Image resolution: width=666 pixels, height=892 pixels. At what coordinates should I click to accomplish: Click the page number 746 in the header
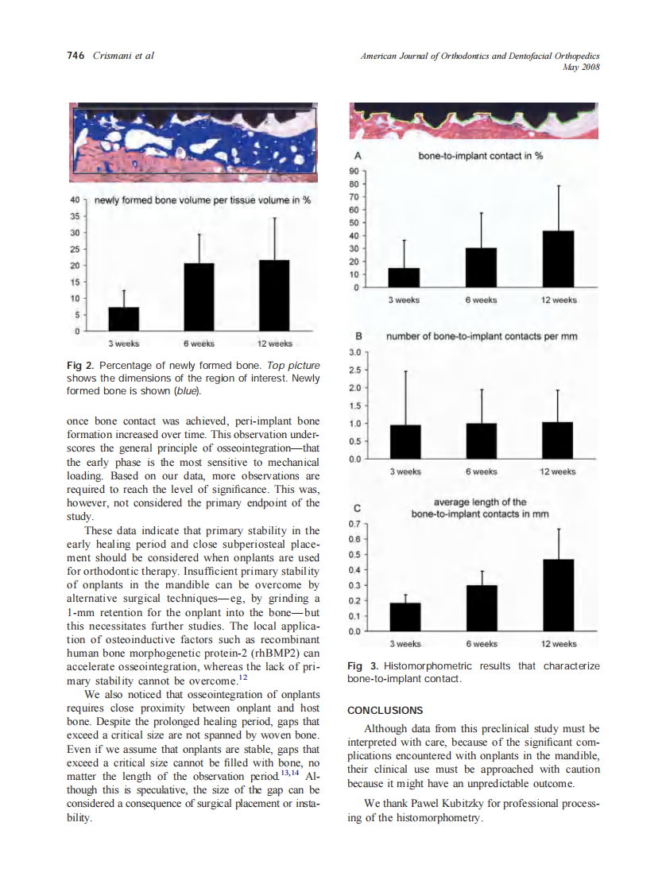click(x=76, y=56)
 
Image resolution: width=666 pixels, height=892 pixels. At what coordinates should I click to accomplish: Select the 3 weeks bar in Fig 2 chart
click(x=123, y=318)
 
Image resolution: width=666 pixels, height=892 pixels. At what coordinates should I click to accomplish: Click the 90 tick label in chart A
click(x=354, y=171)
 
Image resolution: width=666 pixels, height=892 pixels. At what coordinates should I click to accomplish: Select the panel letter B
click(x=358, y=336)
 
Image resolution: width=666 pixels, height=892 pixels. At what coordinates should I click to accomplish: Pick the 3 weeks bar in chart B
click(x=405, y=442)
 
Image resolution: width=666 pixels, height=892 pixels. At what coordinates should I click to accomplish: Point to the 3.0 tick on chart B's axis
click(x=355, y=351)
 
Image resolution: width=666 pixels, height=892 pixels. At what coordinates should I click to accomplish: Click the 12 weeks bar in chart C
click(x=558, y=595)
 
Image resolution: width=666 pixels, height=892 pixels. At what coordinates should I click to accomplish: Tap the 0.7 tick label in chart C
click(x=355, y=525)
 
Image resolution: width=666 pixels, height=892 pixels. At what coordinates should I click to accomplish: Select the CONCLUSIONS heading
click(x=385, y=710)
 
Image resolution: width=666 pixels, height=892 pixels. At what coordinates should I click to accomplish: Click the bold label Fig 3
click(x=362, y=665)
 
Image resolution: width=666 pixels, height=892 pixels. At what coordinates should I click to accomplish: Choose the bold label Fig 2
click(x=80, y=365)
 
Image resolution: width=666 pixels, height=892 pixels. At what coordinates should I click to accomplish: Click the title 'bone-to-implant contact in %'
click(x=481, y=156)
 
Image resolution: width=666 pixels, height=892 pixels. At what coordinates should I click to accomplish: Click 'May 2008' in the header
click(x=580, y=68)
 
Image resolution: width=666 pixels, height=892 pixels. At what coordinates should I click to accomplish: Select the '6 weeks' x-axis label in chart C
click(x=481, y=643)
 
